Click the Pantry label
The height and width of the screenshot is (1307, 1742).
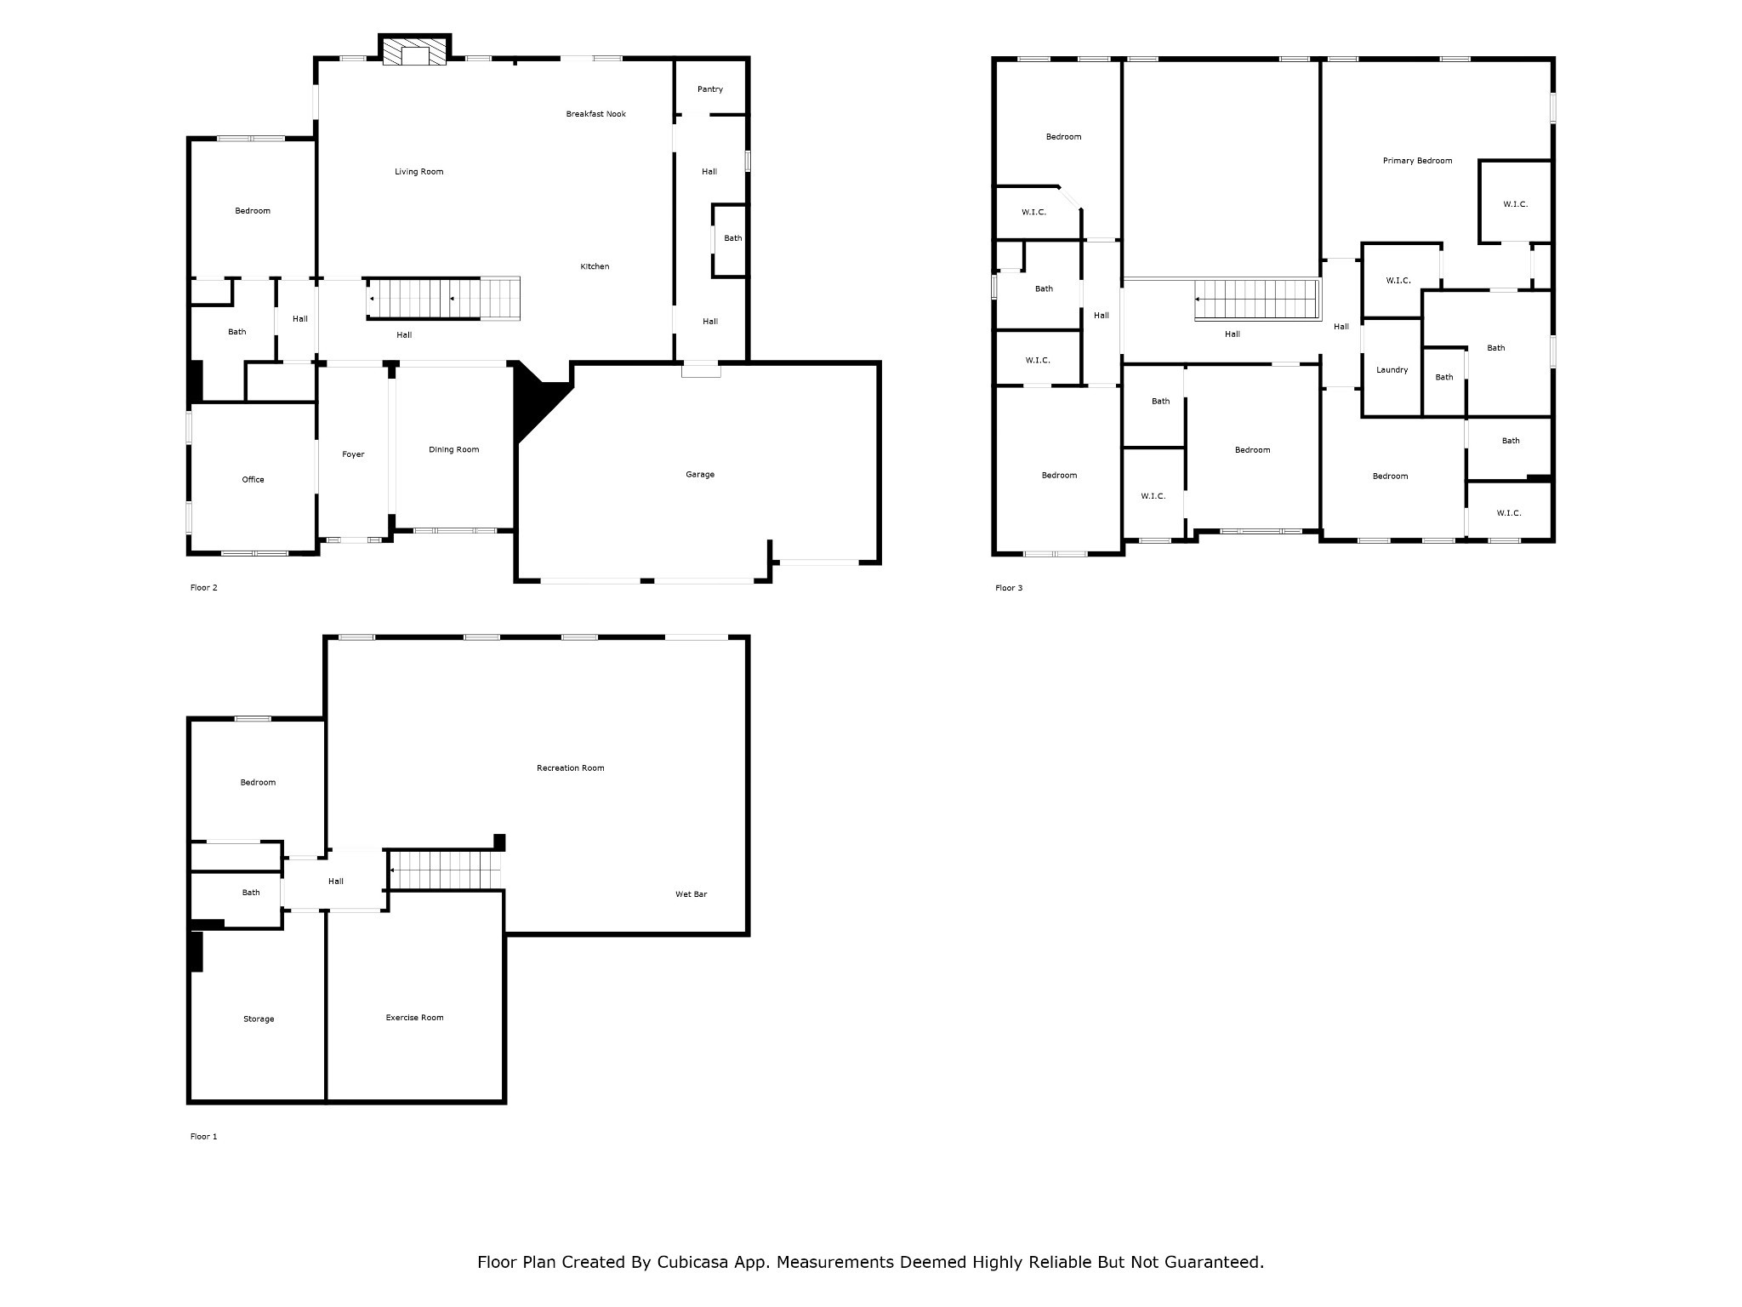click(x=710, y=89)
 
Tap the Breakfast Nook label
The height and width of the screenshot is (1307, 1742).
click(x=596, y=114)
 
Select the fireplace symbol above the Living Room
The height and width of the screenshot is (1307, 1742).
click(x=414, y=51)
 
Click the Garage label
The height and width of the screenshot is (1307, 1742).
click(x=700, y=475)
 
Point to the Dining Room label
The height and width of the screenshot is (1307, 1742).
click(x=454, y=450)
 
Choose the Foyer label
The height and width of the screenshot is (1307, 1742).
click(x=353, y=454)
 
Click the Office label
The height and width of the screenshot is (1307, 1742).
click(x=253, y=480)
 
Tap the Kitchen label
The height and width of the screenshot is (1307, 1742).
click(x=595, y=267)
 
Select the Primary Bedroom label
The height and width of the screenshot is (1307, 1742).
click(x=1418, y=161)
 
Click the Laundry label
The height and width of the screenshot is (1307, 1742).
click(x=1392, y=370)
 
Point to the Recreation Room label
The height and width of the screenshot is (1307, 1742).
click(x=571, y=768)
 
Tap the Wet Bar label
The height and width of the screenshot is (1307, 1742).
click(x=692, y=894)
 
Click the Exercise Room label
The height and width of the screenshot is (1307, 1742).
click(x=415, y=1018)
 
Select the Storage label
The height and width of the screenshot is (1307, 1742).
click(x=259, y=1019)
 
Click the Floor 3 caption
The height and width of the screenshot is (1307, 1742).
click(x=1009, y=588)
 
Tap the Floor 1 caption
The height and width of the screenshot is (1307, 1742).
click(x=204, y=1137)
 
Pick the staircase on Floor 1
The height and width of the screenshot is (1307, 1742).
click(x=446, y=870)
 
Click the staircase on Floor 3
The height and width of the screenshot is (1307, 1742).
click(x=1256, y=300)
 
